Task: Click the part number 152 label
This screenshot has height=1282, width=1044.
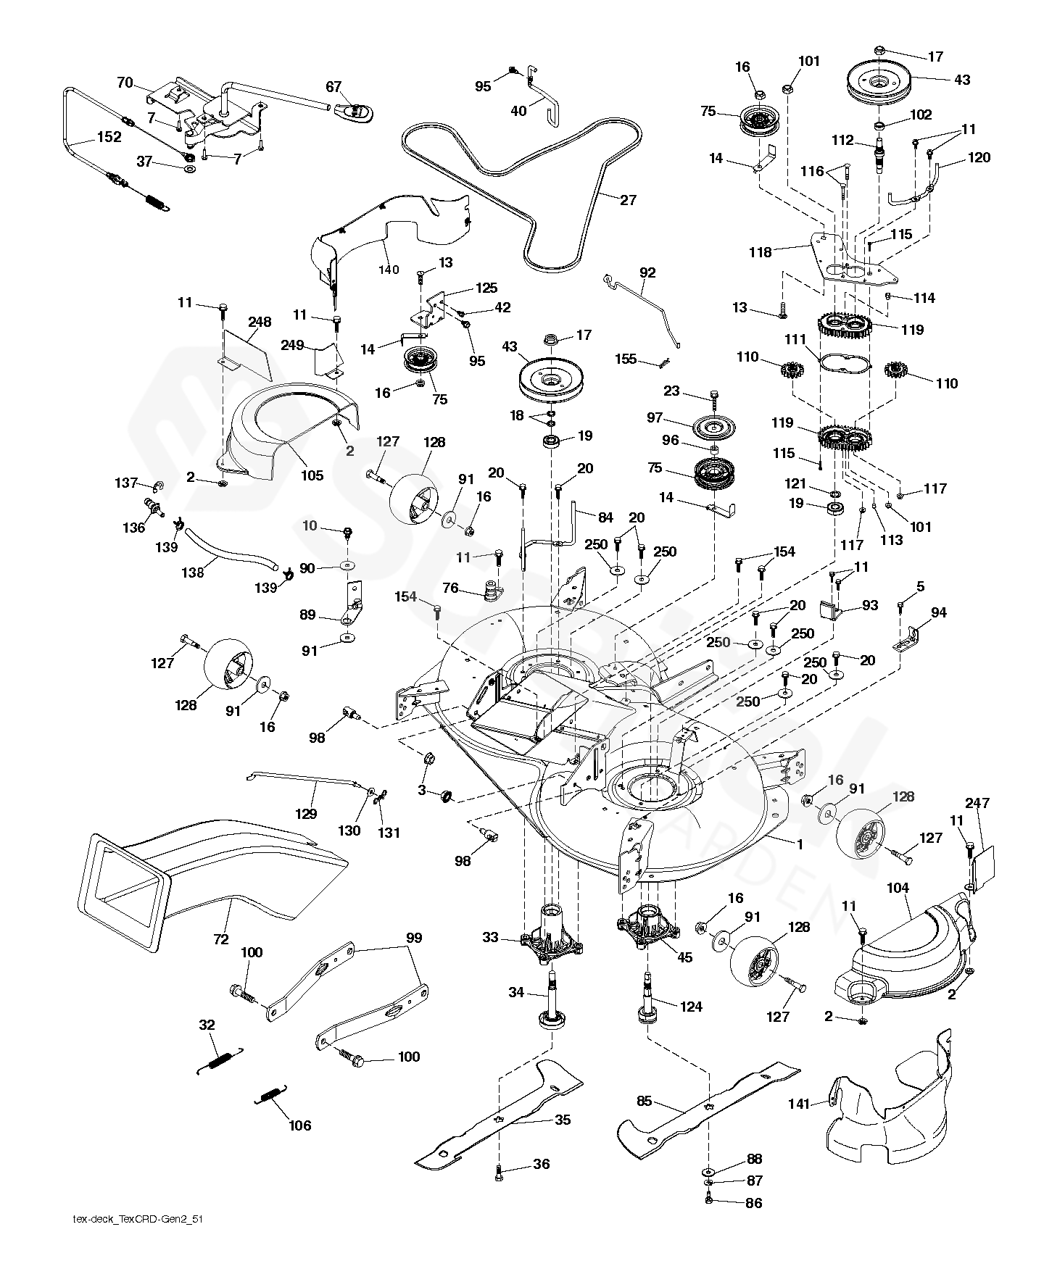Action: (x=109, y=137)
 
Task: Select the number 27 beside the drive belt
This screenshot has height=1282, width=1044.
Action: (x=628, y=200)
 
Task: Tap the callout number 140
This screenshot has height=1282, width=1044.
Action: (x=389, y=270)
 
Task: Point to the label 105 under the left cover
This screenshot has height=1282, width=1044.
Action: (x=312, y=475)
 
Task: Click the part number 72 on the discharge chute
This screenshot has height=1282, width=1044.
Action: (x=221, y=939)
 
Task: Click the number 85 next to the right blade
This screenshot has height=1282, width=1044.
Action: (x=645, y=1102)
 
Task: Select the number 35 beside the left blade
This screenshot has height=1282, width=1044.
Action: (x=563, y=1120)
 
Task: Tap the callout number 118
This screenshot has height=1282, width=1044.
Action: (x=761, y=252)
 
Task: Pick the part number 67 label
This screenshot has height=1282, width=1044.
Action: (x=333, y=87)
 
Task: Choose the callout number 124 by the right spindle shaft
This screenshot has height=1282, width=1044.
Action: (x=691, y=1007)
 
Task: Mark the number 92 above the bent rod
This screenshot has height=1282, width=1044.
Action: (x=647, y=272)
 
